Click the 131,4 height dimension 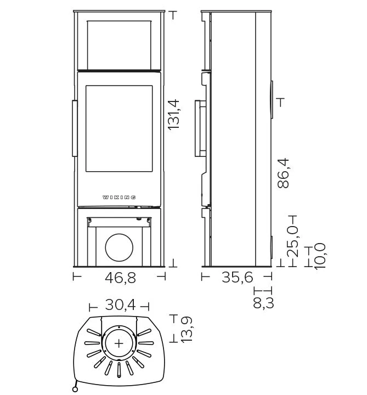pos(173,115)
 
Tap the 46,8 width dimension pos(120,278)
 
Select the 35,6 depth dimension pos(238,278)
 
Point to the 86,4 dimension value pos(283,173)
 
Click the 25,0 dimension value pos(292,241)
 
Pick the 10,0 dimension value pos(320,256)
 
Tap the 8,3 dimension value pos(263,303)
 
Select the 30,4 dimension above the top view pos(120,304)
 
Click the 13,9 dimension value pos(187,330)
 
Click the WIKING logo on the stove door pos(119,198)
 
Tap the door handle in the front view pos(75,128)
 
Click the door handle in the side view pos(200,128)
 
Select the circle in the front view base pos(119,247)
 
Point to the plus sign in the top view pos(119,343)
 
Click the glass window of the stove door pos(119,129)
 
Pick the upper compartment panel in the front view pos(119,45)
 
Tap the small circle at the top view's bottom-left pos(75,389)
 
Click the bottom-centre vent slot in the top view pos(119,370)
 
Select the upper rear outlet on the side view pos(272,100)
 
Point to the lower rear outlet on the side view pos(272,247)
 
